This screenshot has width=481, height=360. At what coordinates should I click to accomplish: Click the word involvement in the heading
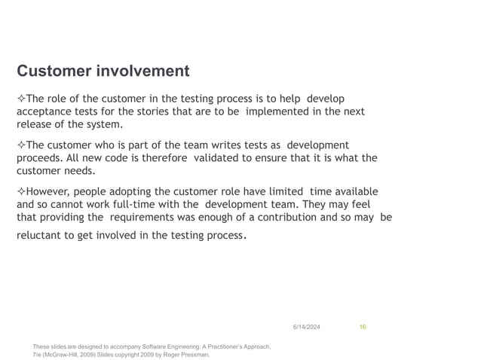[x=143, y=72]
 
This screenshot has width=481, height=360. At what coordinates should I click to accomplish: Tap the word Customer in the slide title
[x=55, y=72]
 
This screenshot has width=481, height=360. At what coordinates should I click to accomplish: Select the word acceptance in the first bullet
[x=44, y=111]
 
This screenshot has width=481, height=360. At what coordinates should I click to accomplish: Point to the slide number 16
[x=363, y=325]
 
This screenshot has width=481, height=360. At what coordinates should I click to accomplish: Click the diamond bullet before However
[x=21, y=191]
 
